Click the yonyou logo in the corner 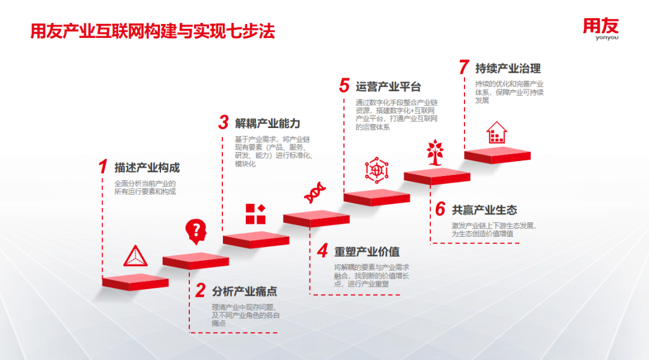600,29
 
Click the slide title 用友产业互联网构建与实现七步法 153,31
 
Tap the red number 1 103,166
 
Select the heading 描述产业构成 147,168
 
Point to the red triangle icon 135,255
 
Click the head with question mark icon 196,231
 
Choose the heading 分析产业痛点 245,291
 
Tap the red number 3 224,122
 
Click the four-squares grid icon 255,214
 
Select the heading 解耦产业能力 267,123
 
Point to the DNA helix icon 315,192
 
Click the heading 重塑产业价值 367,252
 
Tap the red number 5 344,85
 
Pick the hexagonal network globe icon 377,170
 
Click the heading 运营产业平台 388,87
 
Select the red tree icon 436,152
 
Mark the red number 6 440,209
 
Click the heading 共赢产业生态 484,210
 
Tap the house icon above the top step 497,132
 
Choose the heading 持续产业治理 508,69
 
